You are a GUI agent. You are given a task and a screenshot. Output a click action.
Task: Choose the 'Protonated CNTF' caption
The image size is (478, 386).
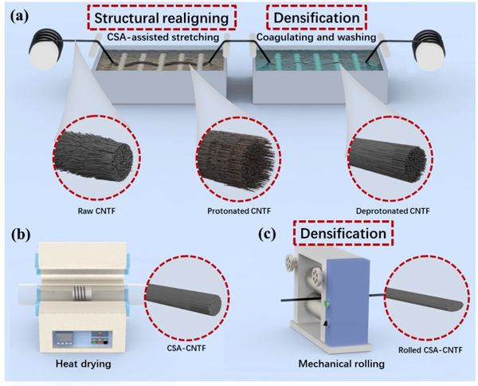coord(233,211)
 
